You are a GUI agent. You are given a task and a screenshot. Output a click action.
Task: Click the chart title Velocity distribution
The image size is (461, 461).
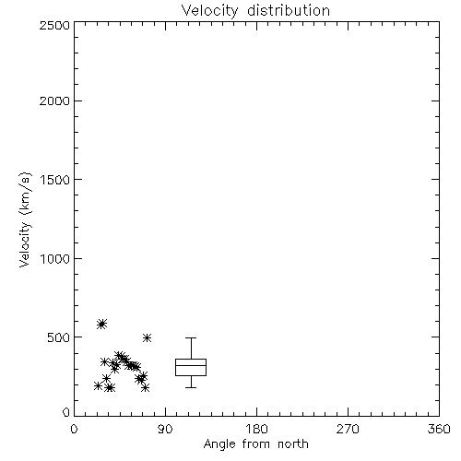[x=255, y=11]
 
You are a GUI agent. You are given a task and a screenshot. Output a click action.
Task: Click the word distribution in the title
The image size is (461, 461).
[x=289, y=10]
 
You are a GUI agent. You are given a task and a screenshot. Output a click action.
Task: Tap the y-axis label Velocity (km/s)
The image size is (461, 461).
[x=25, y=219]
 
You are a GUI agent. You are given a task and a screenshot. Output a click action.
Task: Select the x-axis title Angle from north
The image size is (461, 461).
[x=255, y=443]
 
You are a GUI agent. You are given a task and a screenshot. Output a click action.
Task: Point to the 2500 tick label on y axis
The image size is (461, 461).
[x=54, y=25]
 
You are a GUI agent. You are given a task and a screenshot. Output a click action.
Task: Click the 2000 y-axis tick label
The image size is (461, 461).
[x=54, y=100]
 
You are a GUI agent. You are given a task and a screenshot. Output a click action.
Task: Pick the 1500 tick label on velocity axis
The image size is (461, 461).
[x=55, y=180]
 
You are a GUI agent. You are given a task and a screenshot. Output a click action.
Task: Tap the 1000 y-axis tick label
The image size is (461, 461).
[x=55, y=258]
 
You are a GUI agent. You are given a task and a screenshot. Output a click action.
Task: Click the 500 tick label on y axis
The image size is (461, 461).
[x=59, y=337]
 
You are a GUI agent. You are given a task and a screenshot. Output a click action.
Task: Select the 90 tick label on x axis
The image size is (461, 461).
[x=165, y=429]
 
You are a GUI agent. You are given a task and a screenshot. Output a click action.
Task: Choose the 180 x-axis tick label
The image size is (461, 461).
[x=256, y=429]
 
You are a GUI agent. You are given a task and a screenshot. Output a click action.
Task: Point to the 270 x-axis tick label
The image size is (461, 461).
[x=348, y=429]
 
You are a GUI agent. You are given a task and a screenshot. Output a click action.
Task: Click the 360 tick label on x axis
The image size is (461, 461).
[x=439, y=429]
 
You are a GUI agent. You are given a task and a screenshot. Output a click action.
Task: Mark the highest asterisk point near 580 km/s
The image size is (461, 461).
[x=101, y=324]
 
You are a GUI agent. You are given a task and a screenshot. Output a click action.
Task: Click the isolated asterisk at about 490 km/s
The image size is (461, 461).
[x=147, y=338]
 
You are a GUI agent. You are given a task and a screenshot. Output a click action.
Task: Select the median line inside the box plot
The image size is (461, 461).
[x=191, y=365]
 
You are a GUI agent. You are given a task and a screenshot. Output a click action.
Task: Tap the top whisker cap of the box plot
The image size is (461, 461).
[x=191, y=338]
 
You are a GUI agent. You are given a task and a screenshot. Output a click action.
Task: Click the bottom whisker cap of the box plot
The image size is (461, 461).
[x=191, y=387]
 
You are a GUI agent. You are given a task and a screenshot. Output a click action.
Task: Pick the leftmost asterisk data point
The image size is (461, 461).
[x=98, y=386]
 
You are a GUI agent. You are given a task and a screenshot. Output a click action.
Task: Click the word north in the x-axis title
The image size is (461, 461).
[x=293, y=443]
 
